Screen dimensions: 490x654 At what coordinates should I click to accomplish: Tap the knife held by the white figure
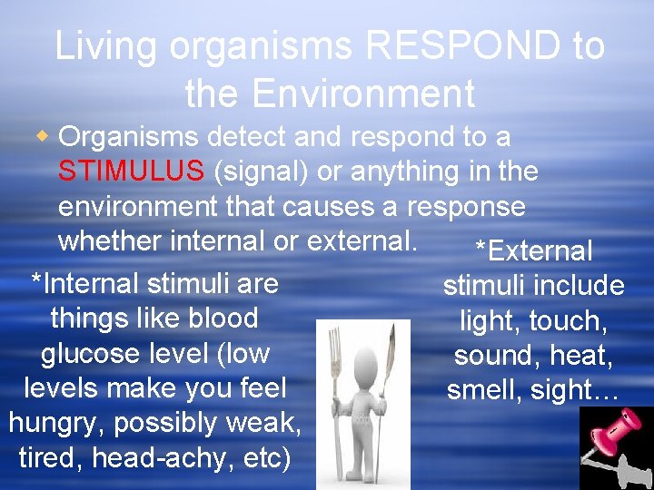pos(392,363)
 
